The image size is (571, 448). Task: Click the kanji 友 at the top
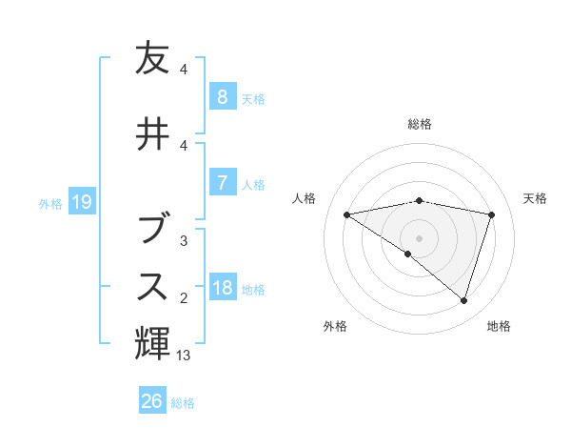click(x=152, y=59)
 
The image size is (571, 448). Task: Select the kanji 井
click(x=152, y=133)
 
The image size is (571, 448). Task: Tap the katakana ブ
click(x=152, y=226)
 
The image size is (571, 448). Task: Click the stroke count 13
click(x=184, y=356)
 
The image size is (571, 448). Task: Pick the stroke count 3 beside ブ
click(x=184, y=241)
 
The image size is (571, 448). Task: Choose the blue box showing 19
click(x=81, y=201)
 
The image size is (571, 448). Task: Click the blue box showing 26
click(x=151, y=401)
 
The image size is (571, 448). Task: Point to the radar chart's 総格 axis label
click(x=419, y=124)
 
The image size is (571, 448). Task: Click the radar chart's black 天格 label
click(x=535, y=198)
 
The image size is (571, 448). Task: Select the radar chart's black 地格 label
click(x=499, y=327)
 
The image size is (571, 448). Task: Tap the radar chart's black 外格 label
click(x=335, y=327)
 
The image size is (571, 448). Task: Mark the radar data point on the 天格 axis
click(x=491, y=214)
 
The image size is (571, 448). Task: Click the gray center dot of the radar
click(x=419, y=237)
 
